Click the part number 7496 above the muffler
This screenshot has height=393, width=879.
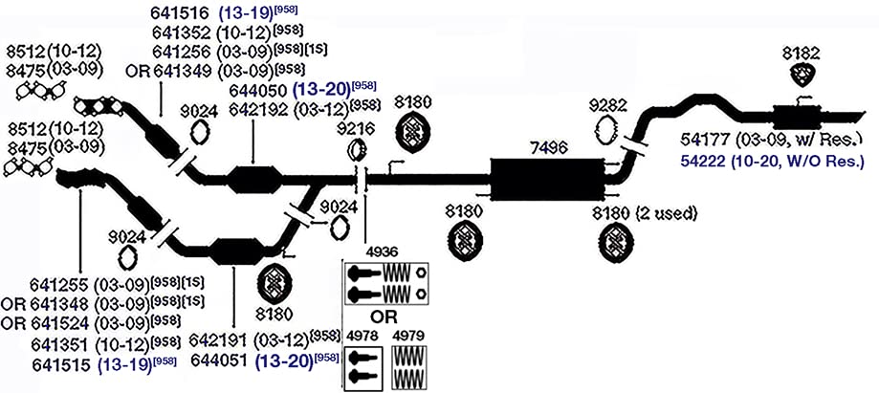(548, 147)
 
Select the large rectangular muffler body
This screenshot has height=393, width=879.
(547, 180)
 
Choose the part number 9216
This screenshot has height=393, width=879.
(355, 131)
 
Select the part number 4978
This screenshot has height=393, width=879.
(363, 337)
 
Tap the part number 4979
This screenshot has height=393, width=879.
(408, 337)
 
